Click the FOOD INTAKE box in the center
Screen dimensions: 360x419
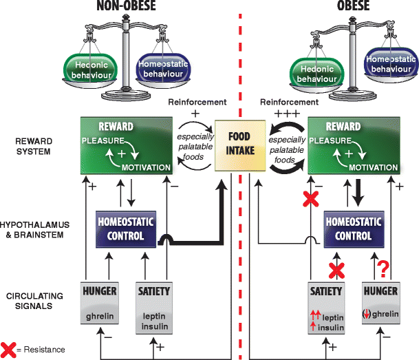237,146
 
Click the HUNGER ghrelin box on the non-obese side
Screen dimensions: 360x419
100,301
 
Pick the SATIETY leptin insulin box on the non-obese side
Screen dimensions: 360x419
153,301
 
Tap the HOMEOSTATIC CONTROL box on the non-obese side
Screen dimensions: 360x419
126,229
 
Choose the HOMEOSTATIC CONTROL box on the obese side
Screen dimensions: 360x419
356,229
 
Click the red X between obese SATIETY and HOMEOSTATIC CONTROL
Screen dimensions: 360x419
335,268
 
